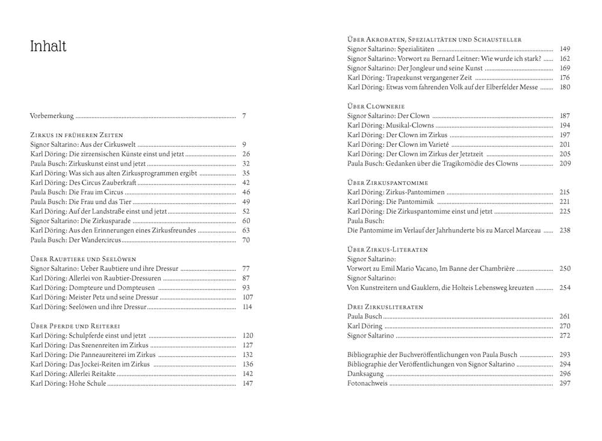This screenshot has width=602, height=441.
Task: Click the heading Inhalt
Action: pos(48,47)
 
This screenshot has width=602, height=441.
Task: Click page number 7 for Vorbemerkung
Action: pos(244,116)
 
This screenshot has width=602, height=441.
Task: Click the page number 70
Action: pos(246,240)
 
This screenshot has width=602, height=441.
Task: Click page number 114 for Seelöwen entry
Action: pos(247,307)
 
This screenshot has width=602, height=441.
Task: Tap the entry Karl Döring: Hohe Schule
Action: pos(68,383)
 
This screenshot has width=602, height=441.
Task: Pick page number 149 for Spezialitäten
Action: pos(564,49)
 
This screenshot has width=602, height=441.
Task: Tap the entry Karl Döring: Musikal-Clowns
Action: pos(391,125)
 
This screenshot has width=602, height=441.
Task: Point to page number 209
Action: pos(564,163)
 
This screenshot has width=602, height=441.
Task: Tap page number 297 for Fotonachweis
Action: pos(564,383)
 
